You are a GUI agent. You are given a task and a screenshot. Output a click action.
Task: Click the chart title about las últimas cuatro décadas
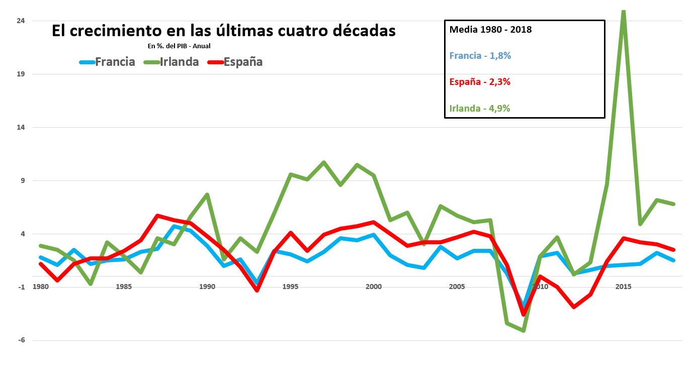click(224, 31)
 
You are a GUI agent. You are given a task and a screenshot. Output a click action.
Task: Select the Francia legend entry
click(108, 62)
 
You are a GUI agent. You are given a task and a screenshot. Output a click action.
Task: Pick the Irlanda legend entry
click(172, 62)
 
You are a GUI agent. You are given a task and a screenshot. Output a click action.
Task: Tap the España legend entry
click(236, 62)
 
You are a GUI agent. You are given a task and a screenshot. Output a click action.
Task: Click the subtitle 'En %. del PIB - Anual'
click(179, 46)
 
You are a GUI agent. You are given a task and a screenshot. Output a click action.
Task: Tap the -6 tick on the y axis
click(22, 340)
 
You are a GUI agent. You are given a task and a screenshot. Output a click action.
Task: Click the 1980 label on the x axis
click(40, 287)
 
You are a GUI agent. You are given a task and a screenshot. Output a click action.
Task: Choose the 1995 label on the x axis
click(290, 287)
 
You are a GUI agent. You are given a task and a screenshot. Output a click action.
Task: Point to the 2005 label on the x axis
click(457, 287)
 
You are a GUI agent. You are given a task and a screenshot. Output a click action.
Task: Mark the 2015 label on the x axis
click(623, 287)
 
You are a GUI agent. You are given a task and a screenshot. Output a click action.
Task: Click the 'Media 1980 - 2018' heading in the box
click(490, 30)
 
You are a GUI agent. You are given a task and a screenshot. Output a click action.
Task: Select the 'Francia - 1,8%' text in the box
click(480, 56)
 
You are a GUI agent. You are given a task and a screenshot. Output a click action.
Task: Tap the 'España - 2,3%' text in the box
click(480, 82)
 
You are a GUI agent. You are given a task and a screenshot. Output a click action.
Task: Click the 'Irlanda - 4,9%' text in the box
click(480, 108)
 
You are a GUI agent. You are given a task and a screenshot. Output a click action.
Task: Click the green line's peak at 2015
click(624, 11)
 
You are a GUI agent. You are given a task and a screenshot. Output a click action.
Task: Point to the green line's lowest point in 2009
click(524, 330)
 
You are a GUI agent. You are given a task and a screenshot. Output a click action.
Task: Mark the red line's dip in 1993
click(257, 290)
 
